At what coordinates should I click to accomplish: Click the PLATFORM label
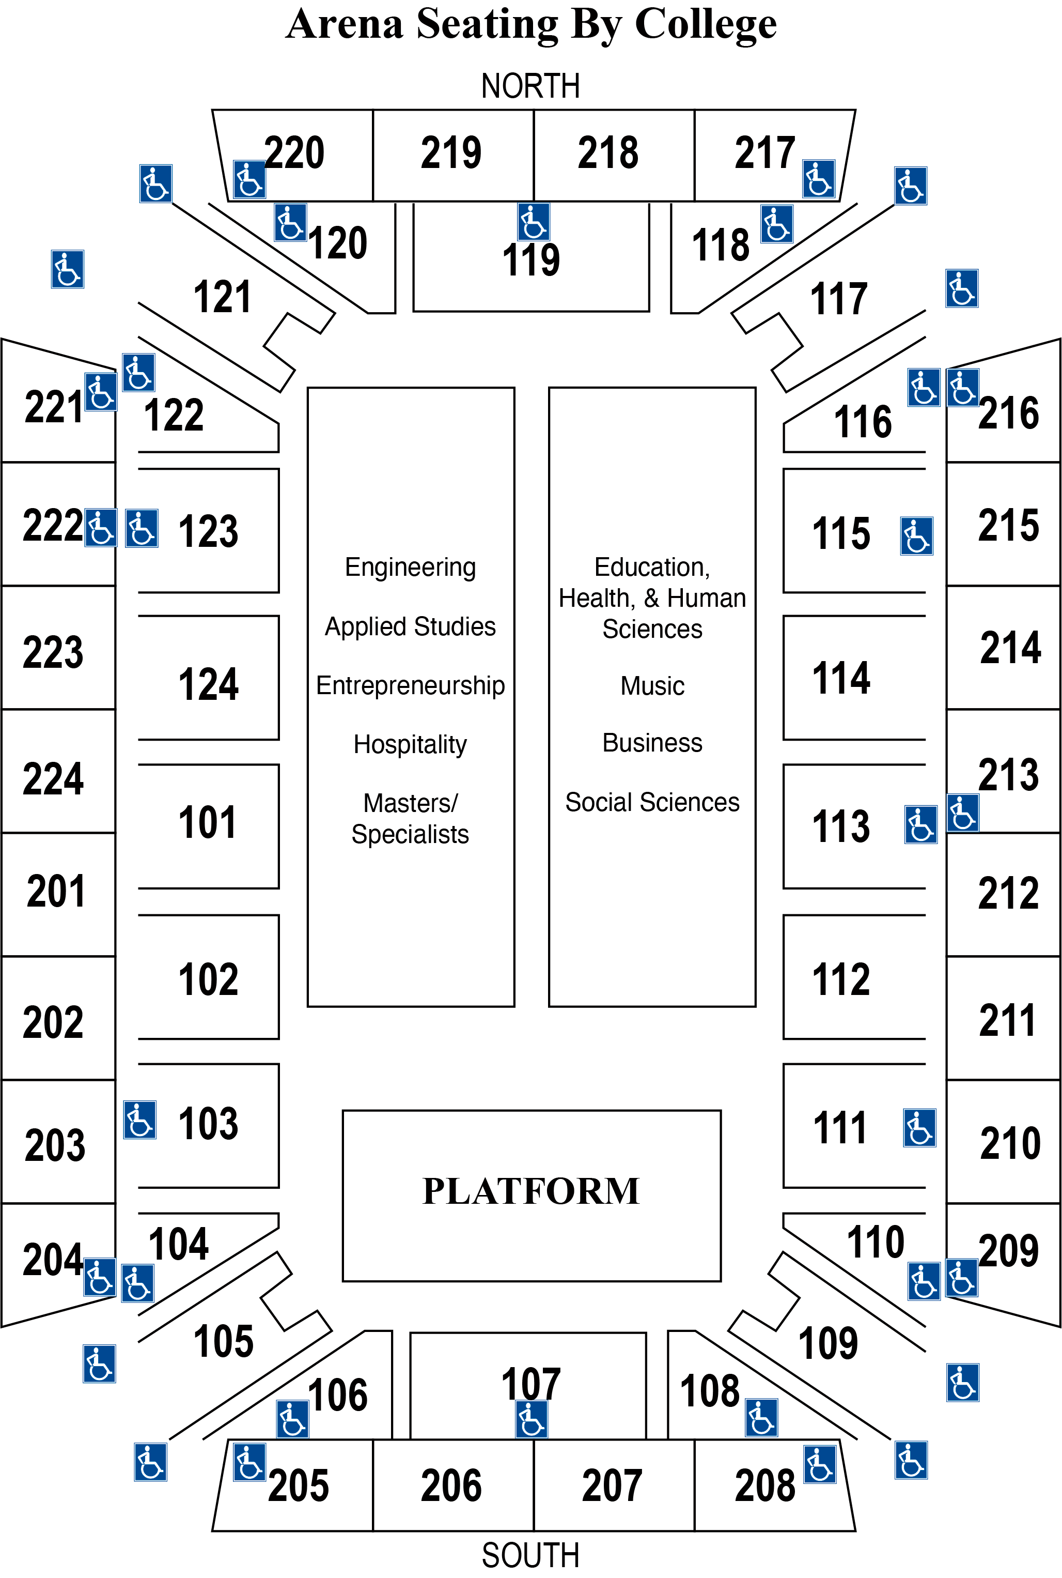coord(531,1191)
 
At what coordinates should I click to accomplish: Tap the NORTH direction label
coord(530,86)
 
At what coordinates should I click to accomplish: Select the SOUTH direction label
coord(530,1555)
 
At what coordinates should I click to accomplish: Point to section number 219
coord(451,152)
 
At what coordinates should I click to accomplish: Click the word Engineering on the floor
coord(411,567)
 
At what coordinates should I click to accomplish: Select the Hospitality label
coord(411,744)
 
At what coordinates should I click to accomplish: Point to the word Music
coord(652,686)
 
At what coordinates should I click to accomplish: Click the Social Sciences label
coord(652,802)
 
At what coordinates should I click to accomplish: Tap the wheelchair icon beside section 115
coord(916,536)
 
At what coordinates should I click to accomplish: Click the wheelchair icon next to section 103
coord(140,1120)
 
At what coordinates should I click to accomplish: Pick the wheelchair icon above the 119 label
coord(534,222)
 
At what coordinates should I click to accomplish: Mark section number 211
coord(1007,1020)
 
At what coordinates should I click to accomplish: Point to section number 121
coord(222,297)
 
